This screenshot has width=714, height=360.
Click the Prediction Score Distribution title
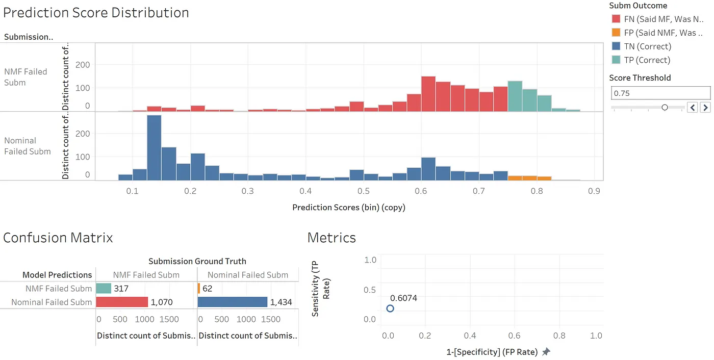[x=96, y=13]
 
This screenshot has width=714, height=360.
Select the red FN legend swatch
[x=616, y=19]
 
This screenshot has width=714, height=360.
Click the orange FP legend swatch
[x=616, y=33]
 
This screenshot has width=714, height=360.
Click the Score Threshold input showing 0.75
[x=660, y=93]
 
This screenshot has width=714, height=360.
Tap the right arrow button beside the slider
[x=705, y=107]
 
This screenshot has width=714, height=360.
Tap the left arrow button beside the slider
[x=692, y=107]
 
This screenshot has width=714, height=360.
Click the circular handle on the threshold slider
[x=665, y=107]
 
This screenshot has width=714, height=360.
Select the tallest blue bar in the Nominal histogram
[x=154, y=148]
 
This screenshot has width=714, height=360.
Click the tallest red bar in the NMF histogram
[x=428, y=94]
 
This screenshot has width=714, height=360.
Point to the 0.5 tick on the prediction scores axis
[x=364, y=191]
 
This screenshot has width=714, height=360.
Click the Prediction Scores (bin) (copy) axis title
[x=349, y=208]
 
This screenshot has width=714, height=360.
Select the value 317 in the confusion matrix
[x=121, y=289]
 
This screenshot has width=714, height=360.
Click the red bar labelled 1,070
[x=122, y=302]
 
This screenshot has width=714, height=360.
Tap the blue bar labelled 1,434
[x=232, y=302]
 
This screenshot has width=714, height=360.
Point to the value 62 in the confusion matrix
[x=207, y=289]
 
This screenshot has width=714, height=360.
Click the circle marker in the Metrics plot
[x=390, y=308]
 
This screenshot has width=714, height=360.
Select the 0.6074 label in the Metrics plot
[x=403, y=298]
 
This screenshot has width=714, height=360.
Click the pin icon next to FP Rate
[x=546, y=352]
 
